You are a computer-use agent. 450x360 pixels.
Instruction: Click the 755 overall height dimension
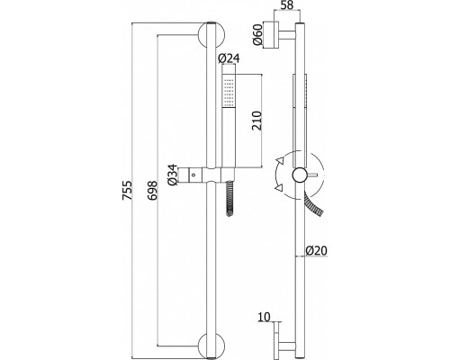point(127,190)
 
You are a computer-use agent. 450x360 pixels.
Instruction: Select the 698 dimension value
point(152,190)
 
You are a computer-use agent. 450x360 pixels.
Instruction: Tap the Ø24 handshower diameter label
point(229,58)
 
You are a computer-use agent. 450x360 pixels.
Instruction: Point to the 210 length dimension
point(256,121)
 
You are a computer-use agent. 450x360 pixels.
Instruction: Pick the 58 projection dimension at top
point(286,5)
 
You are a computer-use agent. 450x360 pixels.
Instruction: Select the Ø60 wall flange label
point(257,34)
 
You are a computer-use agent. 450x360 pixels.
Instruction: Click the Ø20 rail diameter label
point(317,250)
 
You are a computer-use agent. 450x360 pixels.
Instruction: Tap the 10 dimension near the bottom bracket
point(264,317)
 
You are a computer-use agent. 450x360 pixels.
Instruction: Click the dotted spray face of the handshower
point(229,93)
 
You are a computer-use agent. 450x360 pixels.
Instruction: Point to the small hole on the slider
point(193,175)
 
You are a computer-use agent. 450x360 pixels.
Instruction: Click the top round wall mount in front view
point(211,35)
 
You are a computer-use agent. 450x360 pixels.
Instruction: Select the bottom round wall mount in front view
point(211,346)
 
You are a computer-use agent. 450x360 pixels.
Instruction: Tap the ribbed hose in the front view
point(229,198)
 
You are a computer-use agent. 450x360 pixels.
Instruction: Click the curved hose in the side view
point(314,204)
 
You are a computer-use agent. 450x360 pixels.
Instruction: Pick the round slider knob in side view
point(301,175)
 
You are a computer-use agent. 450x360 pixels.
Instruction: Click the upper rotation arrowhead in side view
point(281,160)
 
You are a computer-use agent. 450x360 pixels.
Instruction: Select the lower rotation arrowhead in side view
point(279,188)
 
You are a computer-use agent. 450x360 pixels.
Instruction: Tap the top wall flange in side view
point(271,35)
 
